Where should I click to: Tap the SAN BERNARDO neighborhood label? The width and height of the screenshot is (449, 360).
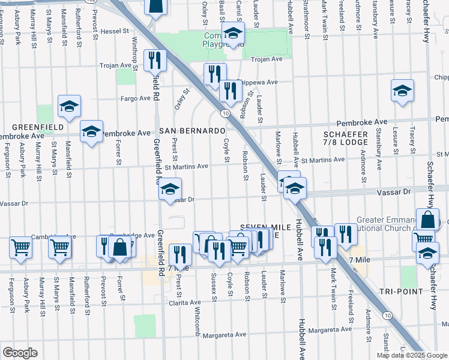191,131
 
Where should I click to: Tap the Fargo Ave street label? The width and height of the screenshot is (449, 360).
133,97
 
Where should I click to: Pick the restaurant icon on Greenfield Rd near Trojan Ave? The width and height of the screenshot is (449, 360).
155,60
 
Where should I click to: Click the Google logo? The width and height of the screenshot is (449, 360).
20,353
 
